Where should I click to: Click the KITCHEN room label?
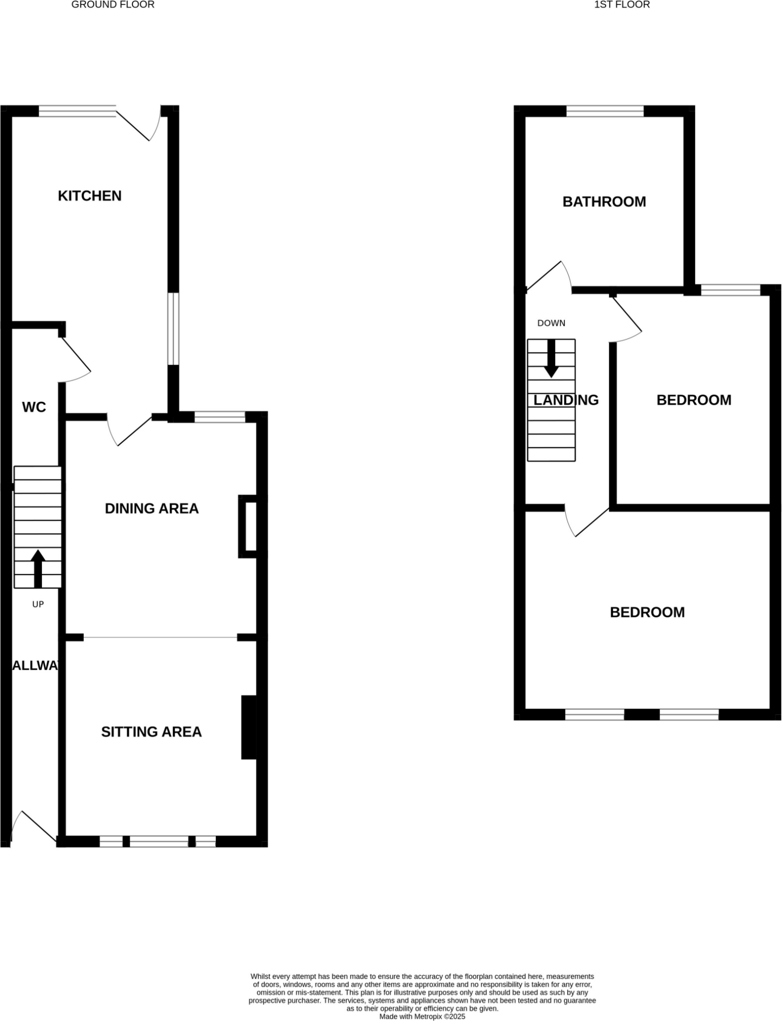(x=90, y=196)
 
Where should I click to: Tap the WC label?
(x=34, y=407)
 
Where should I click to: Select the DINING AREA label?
(x=151, y=508)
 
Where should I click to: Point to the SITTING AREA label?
(x=151, y=732)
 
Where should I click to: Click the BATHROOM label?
(x=604, y=202)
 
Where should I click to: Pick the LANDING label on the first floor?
(x=566, y=400)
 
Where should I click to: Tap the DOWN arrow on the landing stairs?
(x=551, y=358)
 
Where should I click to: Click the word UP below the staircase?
(x=38, y=604)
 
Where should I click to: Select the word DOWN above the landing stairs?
(x=551, y=323)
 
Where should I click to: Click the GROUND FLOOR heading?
(x=113, y=5)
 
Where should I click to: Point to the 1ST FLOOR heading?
(x=622, y=5)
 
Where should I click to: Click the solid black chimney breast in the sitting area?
(x=249, y=727)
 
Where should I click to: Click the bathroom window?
(x=605, y=111)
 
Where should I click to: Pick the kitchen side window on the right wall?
(x=173, y=328)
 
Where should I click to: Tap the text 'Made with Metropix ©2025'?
(x=422, y=1017)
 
